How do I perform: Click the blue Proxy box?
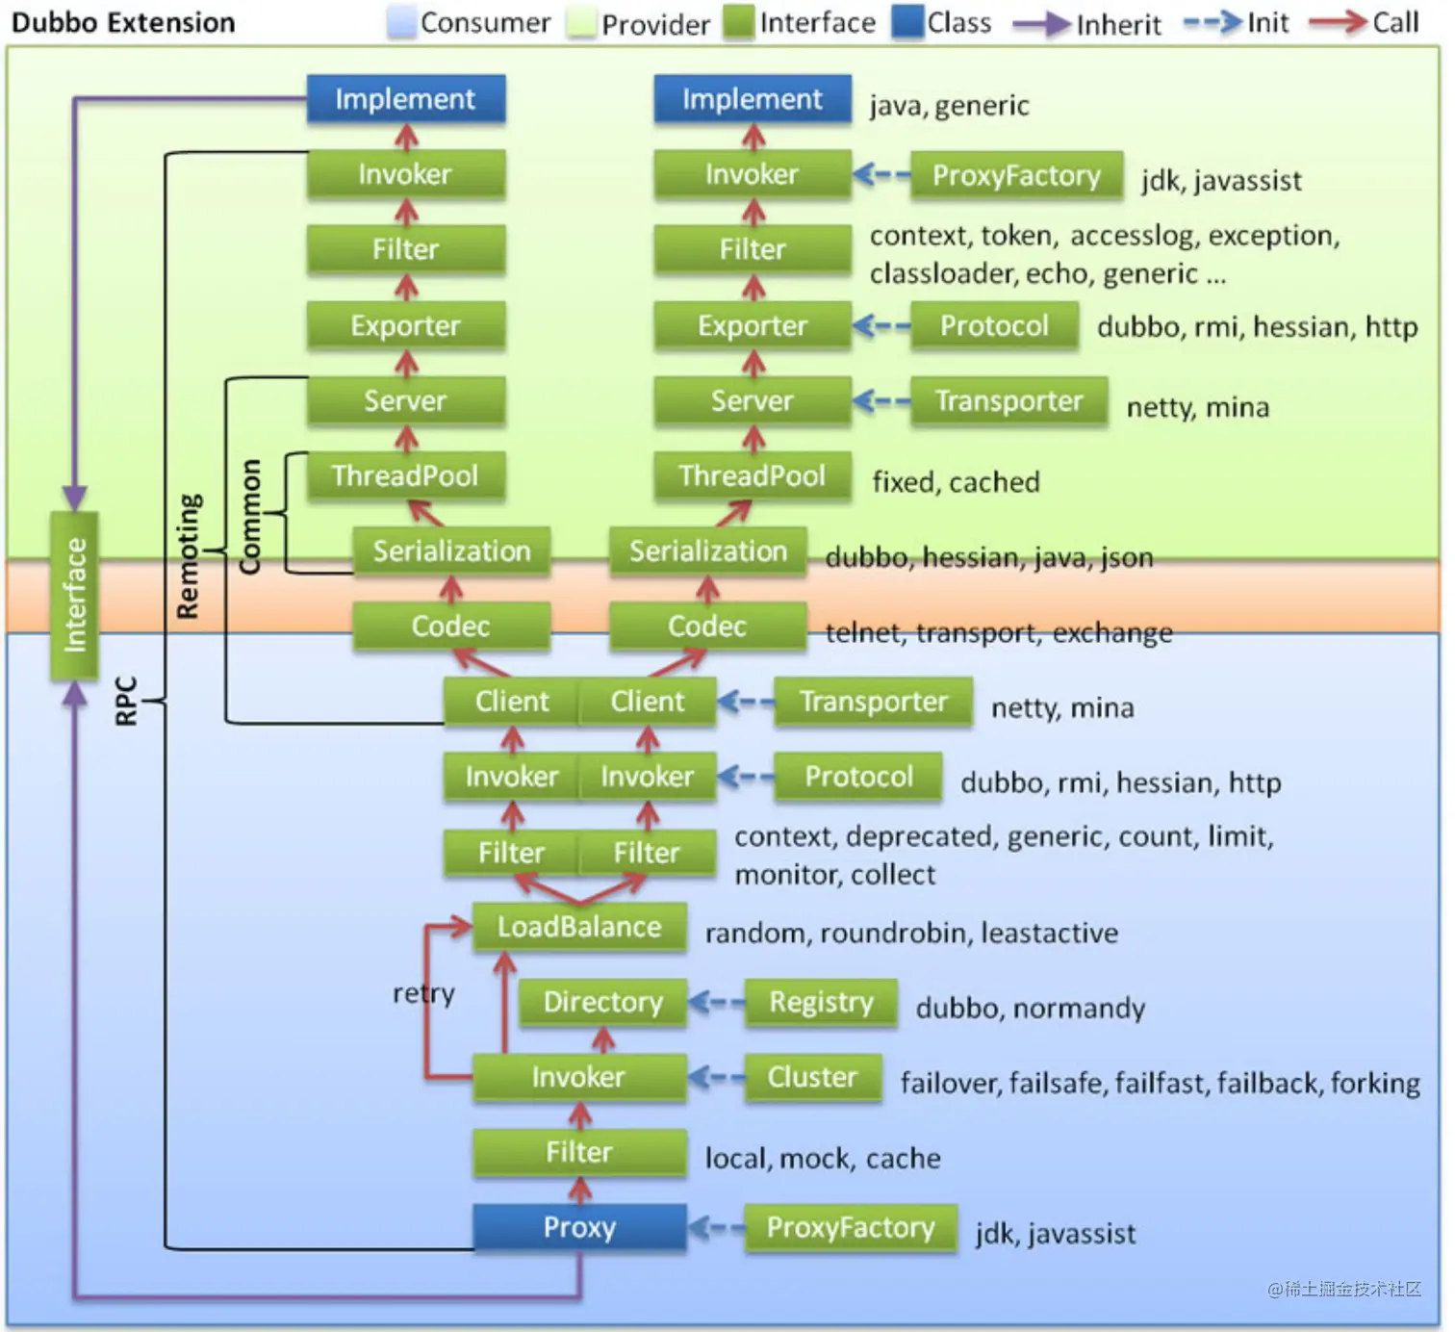pos(579,1227)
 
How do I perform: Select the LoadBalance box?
pos(579,927)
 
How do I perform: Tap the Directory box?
pos(602,1002)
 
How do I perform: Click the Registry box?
pos(821,1002)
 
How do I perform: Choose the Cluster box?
pos(812,1077)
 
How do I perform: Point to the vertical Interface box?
pos(74,596)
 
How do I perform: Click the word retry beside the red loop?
pos(423,992)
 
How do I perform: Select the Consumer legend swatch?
pos(400,22)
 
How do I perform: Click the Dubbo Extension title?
pos(123,23)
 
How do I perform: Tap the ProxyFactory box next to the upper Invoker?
pos(1016,175)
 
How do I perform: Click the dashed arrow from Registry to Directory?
pos(716,1003)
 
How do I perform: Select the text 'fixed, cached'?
pos(956,481)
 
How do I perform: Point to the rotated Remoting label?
pos(189,556)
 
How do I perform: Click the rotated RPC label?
pos(126,701)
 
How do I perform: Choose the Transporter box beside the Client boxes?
pos(873,702)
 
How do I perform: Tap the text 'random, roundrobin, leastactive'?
pos(911,933)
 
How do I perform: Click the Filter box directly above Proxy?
pos(579,1152)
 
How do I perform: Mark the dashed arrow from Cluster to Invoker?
pos(716,1078)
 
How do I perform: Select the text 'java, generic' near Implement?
pos(949,105)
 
